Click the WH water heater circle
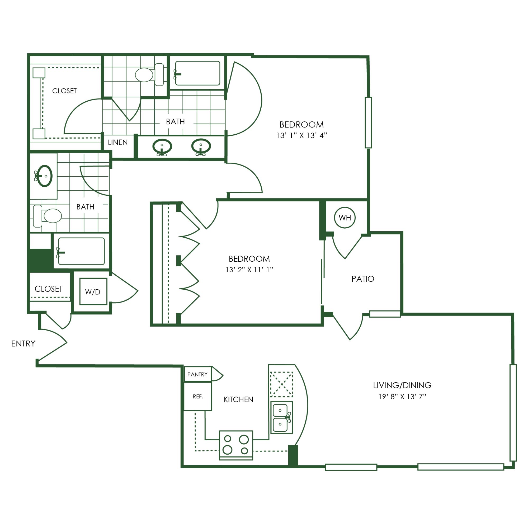coord(345,218)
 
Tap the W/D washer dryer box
coord(93,291)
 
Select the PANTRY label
coord(197,374)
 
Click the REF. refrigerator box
coord(197,396)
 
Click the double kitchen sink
coord(281,417)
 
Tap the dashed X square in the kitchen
coord(281,384)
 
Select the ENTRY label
coord(23,343)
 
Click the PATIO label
coord(363,279)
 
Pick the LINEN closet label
coord(118,142)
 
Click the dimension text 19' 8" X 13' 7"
coord(402,397)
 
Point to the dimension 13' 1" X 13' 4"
coord(301,135)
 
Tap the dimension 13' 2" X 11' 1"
coord(249,270)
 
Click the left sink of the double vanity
coord(162,147)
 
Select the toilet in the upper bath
coord(149,75)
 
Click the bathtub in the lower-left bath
coord(81,251)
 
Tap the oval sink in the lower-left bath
coord(45,176)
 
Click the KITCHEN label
coord(238,399)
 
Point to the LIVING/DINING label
coord(402,385)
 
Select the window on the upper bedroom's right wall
coord(368,122)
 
